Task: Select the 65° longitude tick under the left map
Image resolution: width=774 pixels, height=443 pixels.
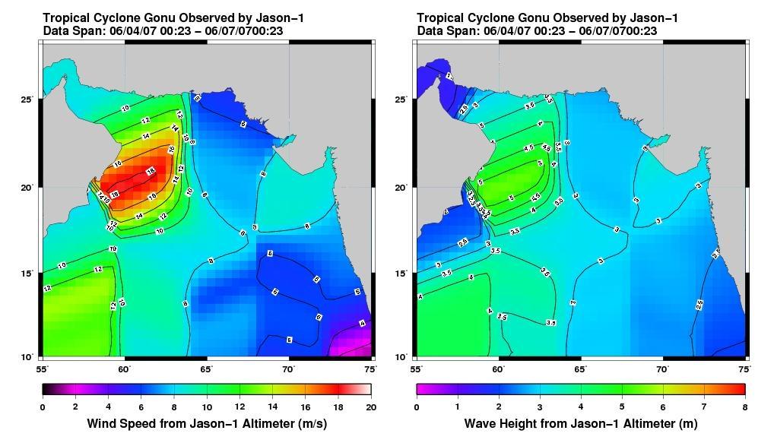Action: tap(207, 369)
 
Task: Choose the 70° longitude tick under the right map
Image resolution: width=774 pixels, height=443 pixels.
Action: tap(663, 369)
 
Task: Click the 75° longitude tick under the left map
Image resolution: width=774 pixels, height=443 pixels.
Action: tap(371, 369)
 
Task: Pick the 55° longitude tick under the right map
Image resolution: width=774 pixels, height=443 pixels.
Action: tap(417, 369)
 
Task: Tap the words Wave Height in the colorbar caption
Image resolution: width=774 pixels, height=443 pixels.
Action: tap(499, 423)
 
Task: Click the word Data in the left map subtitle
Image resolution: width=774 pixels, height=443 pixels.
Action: tap(56, 30)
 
